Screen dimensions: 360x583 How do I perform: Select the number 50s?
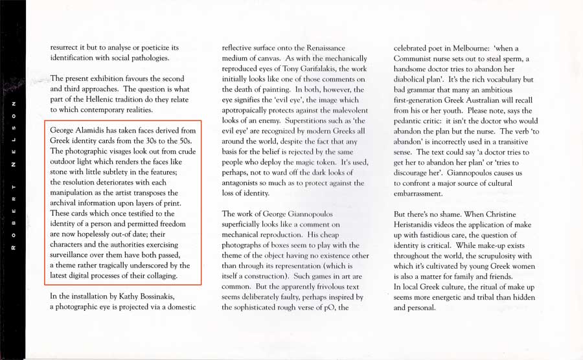pos(185,141)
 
